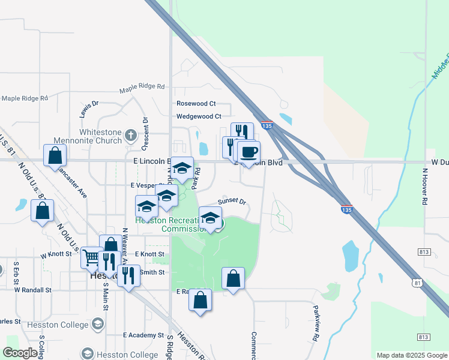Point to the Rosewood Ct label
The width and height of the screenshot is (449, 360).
[196, 104]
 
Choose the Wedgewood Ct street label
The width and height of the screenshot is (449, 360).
[199, 116]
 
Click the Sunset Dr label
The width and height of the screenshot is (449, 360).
[232, 202]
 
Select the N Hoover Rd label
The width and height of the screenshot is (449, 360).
[424, 186]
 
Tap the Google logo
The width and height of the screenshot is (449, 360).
[20, 353]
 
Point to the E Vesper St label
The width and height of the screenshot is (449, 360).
[143, 186]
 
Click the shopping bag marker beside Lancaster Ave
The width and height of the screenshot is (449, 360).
[55, 156]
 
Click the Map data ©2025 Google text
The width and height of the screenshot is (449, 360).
[411, 355]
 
